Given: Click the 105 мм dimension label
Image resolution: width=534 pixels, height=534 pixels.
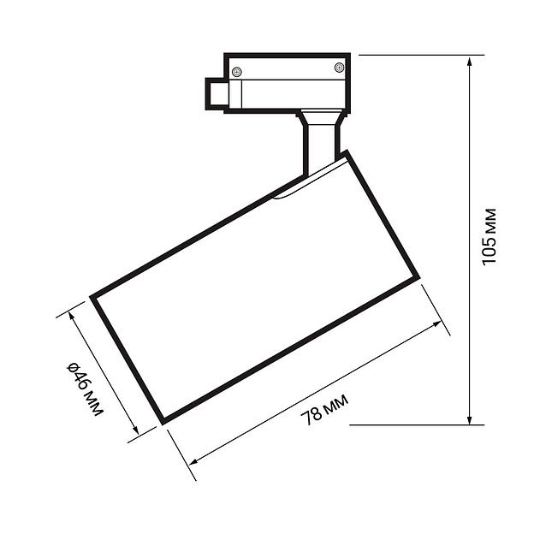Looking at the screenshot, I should pyautogui.click(x=489, y=236).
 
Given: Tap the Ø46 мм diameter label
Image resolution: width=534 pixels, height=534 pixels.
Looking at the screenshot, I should pyautogui.click(x=84, y=390).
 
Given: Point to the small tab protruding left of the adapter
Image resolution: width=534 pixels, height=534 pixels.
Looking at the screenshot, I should pyautogui.click(x=215, y=93).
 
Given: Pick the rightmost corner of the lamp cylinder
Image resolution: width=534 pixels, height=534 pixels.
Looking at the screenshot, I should pyautogui.click(x=418, y=277).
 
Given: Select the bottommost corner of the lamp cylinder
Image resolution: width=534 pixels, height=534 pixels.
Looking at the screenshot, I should pyautogui.click(x=162, y=421).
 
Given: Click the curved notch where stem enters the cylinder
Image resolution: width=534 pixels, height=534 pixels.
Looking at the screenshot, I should pyautogui.click(x=291, y=190).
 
